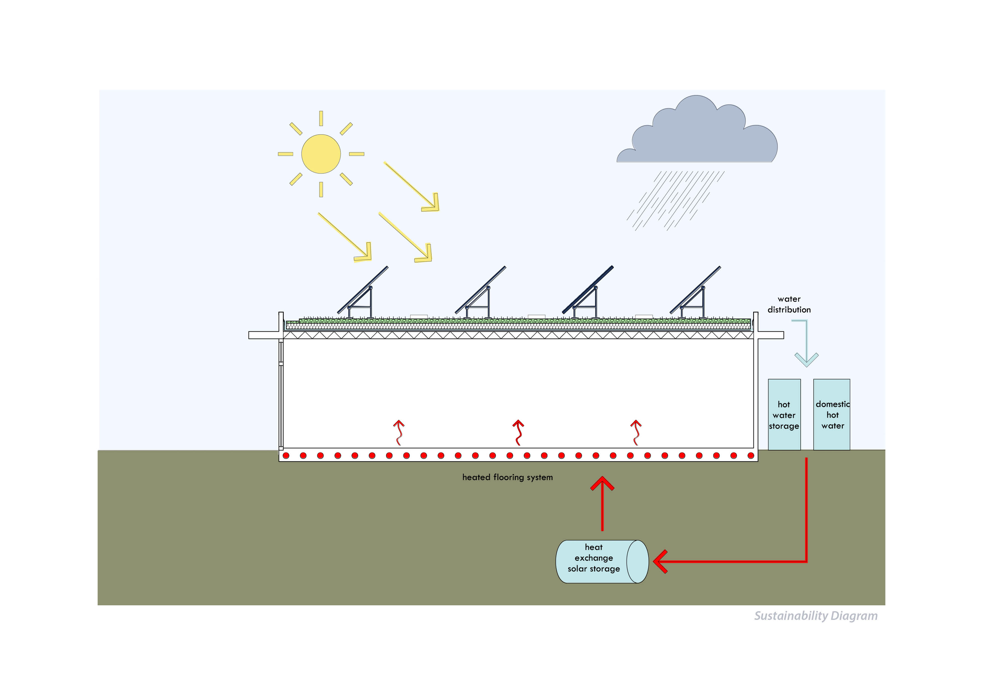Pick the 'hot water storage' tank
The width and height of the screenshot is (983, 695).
[784, 414]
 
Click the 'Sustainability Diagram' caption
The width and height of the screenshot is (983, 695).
[816, 616]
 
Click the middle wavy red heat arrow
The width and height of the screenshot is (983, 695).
[518, 432]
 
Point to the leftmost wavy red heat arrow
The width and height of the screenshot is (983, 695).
[399, 432]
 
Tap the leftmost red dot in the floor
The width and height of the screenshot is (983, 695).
[286, 456]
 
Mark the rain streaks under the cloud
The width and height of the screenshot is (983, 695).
[674, 200]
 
